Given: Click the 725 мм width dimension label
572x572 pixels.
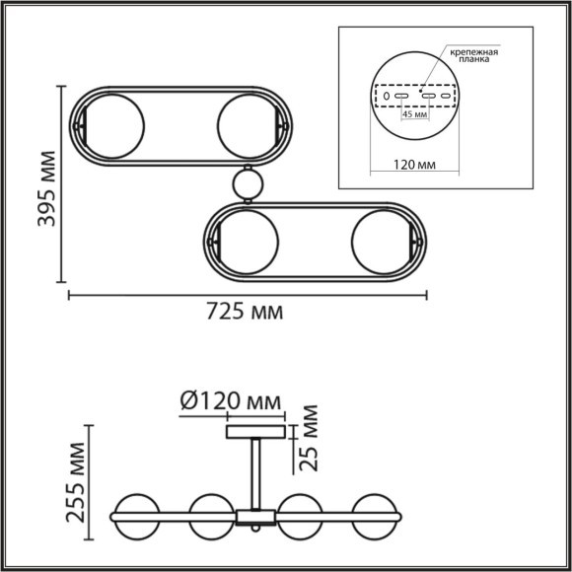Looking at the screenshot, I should (x=246, y=312).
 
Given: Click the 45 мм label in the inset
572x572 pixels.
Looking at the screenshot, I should (x=414, y=114).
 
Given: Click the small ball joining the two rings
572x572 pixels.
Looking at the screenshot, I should (x=248, y=183).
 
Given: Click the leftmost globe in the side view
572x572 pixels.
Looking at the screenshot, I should (x=136, y=515).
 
